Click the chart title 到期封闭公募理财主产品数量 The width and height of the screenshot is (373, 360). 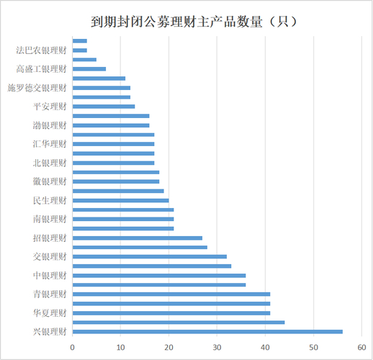pyautogui.click(x=186, y=22)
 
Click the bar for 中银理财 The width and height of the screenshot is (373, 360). pyautogui.click(x=159, y=275)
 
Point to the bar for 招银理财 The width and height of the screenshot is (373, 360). pyautogui.click(x=138, y=238)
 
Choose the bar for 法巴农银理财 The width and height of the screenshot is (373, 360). pyautogui.click(x=80, y=50)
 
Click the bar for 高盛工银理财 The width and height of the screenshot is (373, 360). pyautogui.click(x=89, y=69)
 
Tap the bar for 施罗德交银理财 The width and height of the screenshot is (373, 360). pyautogui.click(x=102, y=88)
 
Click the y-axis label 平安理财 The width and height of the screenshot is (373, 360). pyautogui.click(x=50, y=107)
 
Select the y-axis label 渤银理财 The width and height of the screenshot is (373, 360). pyautogui.click(x=50, y=125)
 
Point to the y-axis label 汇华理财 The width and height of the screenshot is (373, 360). pyautogui.click(x=50, y=144)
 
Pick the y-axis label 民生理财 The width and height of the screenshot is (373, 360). pyautogui.click(x=50, y=200)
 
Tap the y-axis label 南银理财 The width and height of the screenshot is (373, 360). pyautogui.click(x=50, y=219)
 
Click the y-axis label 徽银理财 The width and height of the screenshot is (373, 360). pyautogui.click(x=50, y=181)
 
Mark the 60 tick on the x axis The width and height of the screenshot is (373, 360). pyautogui.click(x=361, y=346)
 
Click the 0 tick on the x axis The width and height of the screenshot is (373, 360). pyautogui.click(x=73, y=346)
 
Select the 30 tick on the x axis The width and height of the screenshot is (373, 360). pyautogui.click(x=217, y=346)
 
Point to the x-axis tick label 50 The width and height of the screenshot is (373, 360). pyautogui.click(x=313, y=346)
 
